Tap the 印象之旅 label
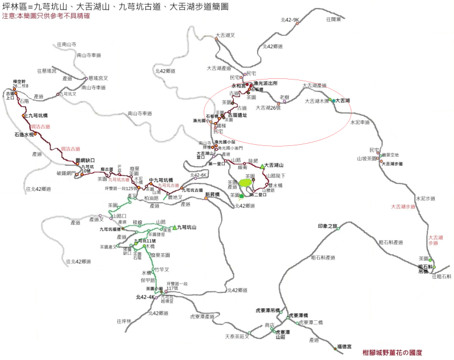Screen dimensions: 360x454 click(327, 226)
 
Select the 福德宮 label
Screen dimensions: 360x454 click(344, 346)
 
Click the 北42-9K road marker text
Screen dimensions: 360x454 click(289, 20)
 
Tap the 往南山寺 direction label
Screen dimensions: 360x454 click(67, 44)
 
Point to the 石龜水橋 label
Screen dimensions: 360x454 click(24, 135)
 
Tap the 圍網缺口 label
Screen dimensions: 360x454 click(85, 160)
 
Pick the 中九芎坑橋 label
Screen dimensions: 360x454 click(159, 181)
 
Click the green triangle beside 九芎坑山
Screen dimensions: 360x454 click(174, 227)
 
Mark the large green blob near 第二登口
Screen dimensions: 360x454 click(245, 184)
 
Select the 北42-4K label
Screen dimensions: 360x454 click(145, 297)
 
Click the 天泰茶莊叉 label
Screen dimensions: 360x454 click(237, 336)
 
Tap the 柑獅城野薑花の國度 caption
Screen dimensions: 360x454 click(392, 352)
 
